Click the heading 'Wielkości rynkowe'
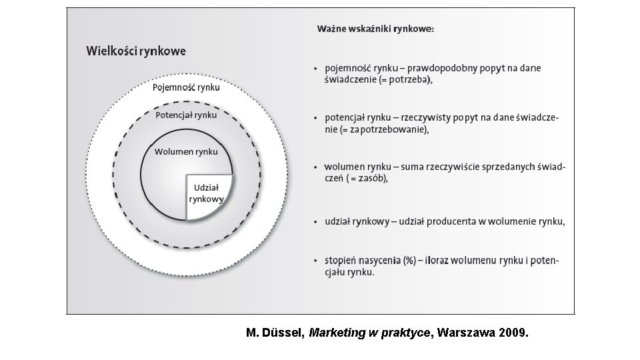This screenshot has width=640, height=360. tap(136, 51)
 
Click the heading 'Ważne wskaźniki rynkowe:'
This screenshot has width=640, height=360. tap(376, 29)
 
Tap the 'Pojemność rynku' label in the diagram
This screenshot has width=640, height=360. tap(187, 87)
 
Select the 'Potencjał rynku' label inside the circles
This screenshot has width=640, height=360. tap(186, 115)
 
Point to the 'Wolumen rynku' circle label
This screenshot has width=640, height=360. tap(186, 151)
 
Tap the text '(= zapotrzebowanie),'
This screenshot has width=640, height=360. tap(386, 129)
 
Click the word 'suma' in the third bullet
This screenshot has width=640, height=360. tap(403, 167)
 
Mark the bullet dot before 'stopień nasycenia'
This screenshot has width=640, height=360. tap(315, 261)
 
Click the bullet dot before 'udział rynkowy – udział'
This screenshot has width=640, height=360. tap(315, 222)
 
